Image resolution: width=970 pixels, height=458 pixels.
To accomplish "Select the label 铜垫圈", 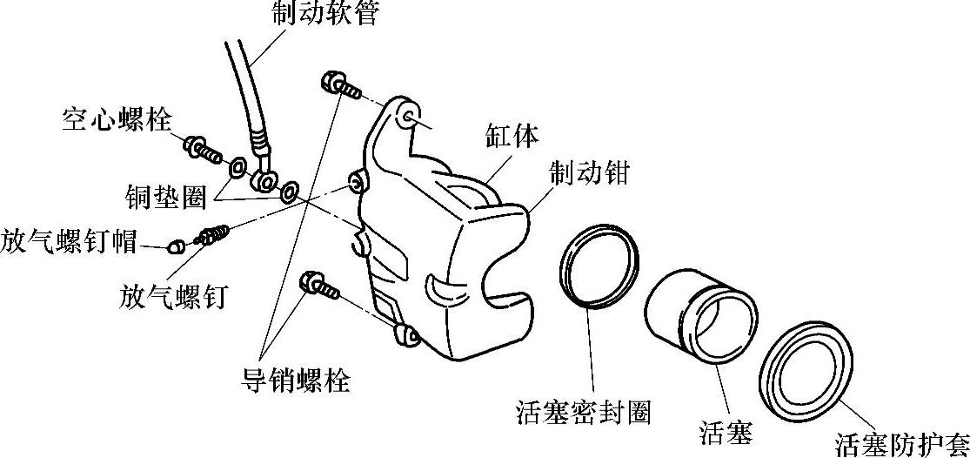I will click(x=164, y=198).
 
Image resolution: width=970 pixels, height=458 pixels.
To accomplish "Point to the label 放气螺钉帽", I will click(x=69, y=240).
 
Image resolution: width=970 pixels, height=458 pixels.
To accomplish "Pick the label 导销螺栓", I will click(x=296, y=380).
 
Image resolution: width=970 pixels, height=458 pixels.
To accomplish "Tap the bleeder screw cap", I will click(x=175, y=246).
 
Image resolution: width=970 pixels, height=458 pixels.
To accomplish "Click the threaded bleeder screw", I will click(x=211, y=234).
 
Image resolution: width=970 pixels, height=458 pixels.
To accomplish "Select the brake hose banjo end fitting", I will click(x=264, y=179).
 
